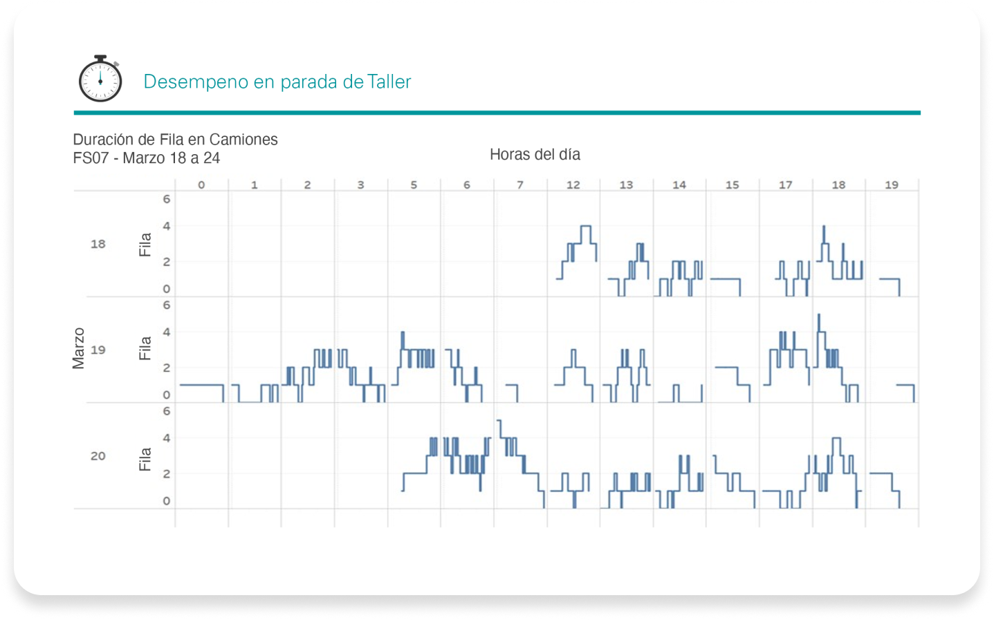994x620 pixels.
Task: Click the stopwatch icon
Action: point(100,79)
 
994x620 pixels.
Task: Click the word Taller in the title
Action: point(389,82)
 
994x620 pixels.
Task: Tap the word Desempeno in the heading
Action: point(196,82)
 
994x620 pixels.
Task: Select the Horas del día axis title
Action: point(535,154)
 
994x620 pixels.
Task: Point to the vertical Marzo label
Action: point(78,348)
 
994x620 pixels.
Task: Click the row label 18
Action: point(98,244)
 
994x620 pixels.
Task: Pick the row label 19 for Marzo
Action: point(98,350)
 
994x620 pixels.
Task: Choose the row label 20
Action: point(98,456)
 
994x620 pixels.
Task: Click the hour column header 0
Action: point(201,185)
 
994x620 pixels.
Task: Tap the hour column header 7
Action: point(520,185)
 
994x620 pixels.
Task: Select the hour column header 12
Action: point(573,185)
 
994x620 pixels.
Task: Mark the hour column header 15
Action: point(733,185)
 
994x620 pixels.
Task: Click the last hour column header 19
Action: point(892,185)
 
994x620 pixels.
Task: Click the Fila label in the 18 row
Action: point(145,245)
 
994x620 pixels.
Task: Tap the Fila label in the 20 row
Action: point(145,459)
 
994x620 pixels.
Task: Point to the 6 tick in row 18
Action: point(166,199)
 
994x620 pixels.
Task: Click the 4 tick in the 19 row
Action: point(166,332)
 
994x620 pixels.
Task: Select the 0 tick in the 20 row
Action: point(166,501)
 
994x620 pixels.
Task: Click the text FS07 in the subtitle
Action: point(91,158)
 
